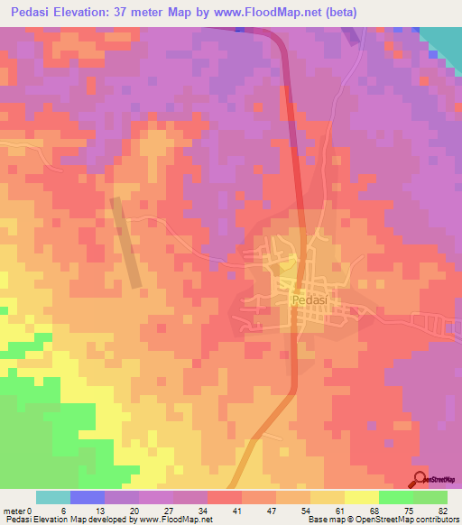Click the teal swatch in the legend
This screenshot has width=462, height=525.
pyautogui.click(x=53, y=497)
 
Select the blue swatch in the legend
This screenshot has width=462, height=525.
pyautogui.click(x=88, y=497)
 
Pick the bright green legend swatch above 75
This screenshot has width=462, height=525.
pyautogui.click(x=395, y=497)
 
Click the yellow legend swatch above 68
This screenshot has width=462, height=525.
pyautogui.click(x=361, y=497)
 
